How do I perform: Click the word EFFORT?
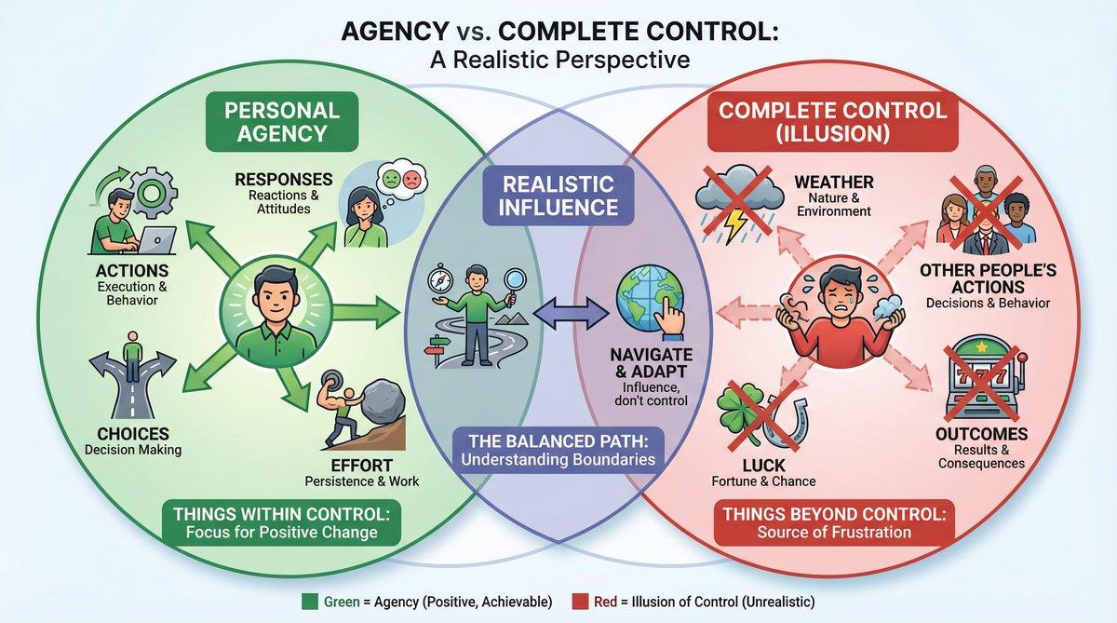coord(361,465)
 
